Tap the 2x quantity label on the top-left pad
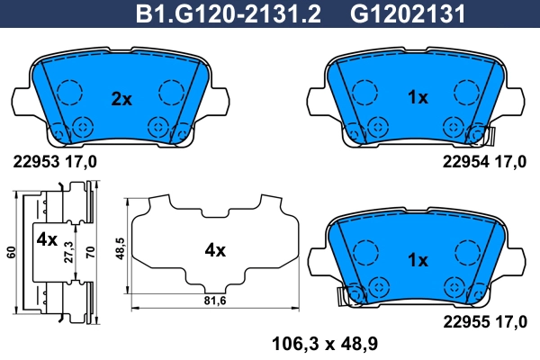(121, 99)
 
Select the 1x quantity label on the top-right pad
(418, 99)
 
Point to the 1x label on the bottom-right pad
(418, 260)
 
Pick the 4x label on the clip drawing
(47, 240)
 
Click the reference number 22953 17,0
(55, 163)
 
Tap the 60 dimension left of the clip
(10, 253)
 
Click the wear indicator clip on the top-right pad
(490, 136)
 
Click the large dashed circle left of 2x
(69, 91)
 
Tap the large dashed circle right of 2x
(170, 91)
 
